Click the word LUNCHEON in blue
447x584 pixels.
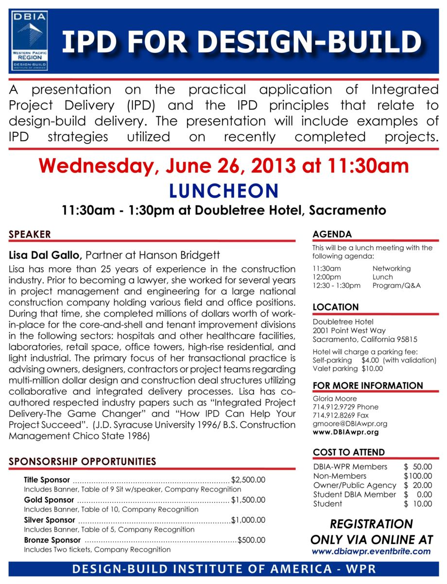223,190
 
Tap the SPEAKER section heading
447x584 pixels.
30,234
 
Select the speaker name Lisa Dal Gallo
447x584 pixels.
47,255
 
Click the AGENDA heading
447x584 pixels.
332,234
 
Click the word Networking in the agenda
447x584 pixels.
391,268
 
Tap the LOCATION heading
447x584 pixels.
336,307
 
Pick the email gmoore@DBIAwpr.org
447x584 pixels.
350,423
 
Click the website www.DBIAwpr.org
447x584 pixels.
345,432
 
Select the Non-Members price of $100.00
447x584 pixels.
417,475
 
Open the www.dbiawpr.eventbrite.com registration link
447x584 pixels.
371,551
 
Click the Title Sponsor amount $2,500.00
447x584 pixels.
248,480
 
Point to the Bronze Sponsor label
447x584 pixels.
52,540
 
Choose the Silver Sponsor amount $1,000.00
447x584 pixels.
248,520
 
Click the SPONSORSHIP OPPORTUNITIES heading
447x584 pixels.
82,461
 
